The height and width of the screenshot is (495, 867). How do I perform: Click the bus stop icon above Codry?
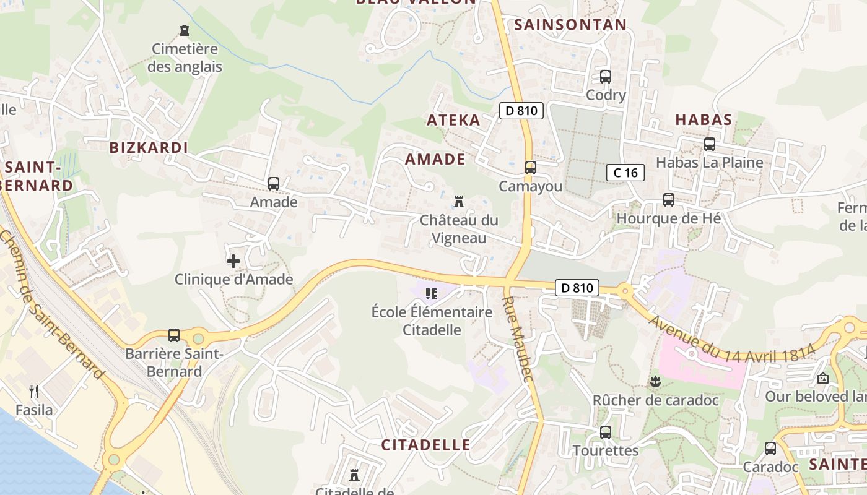click(x=605, y=77)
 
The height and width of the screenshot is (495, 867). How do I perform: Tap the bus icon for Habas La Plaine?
click(x=710, y=144)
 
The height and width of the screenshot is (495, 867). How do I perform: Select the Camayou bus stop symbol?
click(x=530, y=168)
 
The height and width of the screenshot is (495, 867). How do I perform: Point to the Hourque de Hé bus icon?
click(x=668, y=200)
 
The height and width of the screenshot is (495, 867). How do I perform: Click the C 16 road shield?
click(x=625, y=173)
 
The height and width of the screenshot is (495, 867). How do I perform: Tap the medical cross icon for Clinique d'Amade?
click(x=233, y=261)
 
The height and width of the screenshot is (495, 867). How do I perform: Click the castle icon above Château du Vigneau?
click(x=459, y=202)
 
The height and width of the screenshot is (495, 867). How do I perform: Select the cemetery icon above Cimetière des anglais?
click(x=184, y=30)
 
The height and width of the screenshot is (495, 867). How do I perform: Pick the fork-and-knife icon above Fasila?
click(x=34, y=391)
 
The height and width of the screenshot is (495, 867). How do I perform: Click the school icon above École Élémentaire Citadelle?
click(x=432, y=293)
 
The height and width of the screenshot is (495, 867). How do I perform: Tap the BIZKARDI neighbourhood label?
click(x=149, y=147)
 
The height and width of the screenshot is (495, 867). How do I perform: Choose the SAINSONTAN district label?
click(x=570, y=25)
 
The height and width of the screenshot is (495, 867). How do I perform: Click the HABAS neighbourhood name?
click(x=704, y=119)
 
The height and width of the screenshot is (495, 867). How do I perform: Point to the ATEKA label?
click(x=453, y=120)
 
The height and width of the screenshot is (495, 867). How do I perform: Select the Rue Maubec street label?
click(x=516, y=339)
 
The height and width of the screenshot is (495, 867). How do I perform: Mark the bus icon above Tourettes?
click(x=605, y=433)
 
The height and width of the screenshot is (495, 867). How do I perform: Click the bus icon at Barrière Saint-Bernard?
click(x=174, y=335)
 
